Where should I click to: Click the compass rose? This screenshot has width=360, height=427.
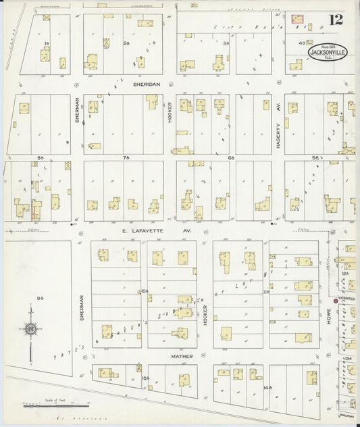tap(31, 329)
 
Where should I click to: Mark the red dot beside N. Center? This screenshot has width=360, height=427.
tap(335, 300)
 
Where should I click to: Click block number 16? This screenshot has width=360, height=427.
tap(46, 43)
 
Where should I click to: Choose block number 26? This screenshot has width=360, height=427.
tap(126, 43)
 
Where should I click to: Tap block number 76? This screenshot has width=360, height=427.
tap(126, 156)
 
